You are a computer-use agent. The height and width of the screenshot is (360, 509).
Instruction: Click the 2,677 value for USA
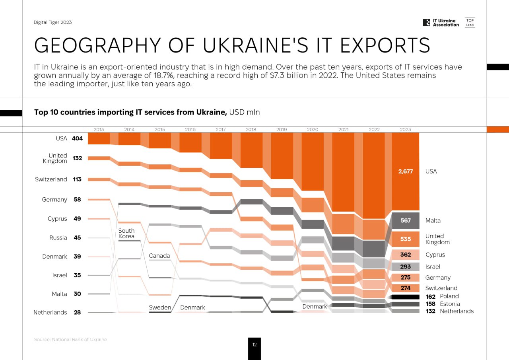[x=406, y=171]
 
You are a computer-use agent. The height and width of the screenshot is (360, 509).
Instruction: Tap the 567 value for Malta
[x=406, y=220]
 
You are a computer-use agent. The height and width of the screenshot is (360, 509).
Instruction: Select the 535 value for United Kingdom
[x=406, y=239]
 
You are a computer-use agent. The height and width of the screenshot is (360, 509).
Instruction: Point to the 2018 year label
[x=251, y=130]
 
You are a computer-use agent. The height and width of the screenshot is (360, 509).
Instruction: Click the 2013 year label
[x=99, y=130]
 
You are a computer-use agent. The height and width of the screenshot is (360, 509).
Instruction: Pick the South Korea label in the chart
[x=126, y=234]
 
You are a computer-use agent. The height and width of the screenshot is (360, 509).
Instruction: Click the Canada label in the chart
[x=159, y=256]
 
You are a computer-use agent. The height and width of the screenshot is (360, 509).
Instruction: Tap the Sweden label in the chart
[x=160, y=307]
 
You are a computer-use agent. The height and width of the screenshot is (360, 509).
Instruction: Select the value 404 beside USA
[x=77, y=139]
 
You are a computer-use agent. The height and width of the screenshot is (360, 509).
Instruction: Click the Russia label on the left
[x=58, y=238]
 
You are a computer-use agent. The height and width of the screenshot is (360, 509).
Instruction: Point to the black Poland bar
[x=406, y=297]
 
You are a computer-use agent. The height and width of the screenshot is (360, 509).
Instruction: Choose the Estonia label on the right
[x=450, y=304]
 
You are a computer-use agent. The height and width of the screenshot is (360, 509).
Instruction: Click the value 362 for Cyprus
[x=406, y=255]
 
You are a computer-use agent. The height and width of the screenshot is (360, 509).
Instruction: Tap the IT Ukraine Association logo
[x=441, y=23]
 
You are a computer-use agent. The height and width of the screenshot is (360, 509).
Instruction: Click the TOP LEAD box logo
[x=470, y=23]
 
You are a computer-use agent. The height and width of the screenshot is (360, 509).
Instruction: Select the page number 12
[x=254, y=345]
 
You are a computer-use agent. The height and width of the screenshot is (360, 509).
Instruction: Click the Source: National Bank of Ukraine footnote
[x=70, y=340]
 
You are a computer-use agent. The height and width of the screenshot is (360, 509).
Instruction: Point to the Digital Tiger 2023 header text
[x=53, y=22]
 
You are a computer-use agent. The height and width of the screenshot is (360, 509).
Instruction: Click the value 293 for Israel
[x=406, y=267]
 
